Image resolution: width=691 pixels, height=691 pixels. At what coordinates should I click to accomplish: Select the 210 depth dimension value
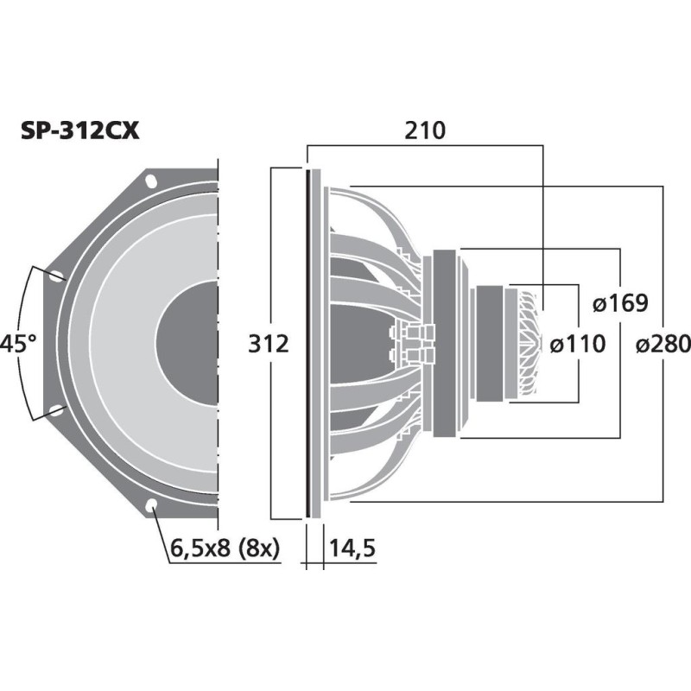click(x=424, y=131)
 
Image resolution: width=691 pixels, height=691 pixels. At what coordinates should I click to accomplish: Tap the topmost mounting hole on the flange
click(x=151, y=182)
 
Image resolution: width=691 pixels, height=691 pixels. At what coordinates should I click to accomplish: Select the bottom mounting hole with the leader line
click(x=151, y=505)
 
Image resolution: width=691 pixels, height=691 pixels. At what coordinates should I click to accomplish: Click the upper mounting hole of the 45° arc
click(x=57, y=277)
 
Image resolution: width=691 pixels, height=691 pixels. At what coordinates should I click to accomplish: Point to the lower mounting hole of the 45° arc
click(x=57, y=410)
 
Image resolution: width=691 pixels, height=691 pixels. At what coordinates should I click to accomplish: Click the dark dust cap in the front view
click(x=190, y=344)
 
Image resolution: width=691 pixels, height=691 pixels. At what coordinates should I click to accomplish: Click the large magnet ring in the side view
click(x=446, y=344)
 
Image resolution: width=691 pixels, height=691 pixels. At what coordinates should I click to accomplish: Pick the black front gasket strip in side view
click(x=307, y=344)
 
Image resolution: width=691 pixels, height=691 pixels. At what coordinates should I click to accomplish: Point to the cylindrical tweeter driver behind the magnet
click(x=489, y=344)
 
